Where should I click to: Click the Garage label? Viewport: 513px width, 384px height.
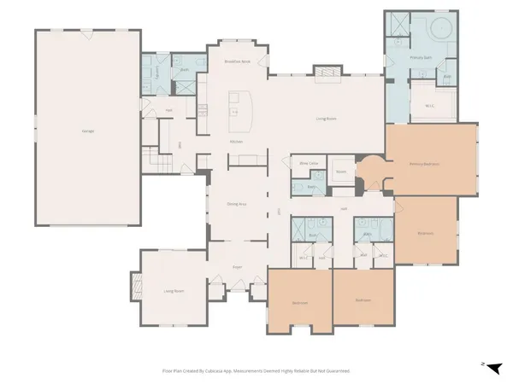(x=88, y=131)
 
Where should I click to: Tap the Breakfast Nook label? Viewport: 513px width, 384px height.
(x=237, y=62)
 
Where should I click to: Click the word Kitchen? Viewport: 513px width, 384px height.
(x=236, y=141)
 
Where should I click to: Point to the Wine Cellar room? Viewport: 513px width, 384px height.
(x=309, y=162)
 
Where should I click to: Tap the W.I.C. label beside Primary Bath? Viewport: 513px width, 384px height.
(x=431, y=106)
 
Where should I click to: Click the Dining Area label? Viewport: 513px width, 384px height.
(x=237, y=204)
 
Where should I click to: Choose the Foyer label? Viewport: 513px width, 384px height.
(x=237, y=267)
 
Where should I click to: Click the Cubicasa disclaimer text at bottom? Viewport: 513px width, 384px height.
(x=256, y=371)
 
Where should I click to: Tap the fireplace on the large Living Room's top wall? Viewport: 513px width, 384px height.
(x=327, y=73)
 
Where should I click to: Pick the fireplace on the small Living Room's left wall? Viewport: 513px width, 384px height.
(x=134, y=284)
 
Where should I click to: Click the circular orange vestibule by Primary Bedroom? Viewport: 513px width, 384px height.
(x=371, y=172)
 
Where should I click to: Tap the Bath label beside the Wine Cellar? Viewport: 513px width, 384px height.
(x=312, y=186)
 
